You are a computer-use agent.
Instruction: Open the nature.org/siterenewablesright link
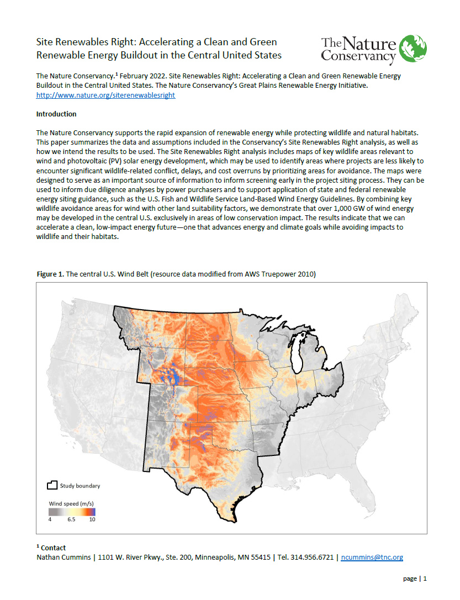pos(105,95)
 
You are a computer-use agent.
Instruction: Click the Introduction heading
pos(56,114)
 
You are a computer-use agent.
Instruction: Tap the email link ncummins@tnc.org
pos(373,557)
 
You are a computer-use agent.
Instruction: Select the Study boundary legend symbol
pos(52,485)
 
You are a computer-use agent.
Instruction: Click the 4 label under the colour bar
pos(50,519)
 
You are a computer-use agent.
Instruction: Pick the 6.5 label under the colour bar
pos(71,519)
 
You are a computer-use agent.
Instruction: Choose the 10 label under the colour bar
pos(92,519)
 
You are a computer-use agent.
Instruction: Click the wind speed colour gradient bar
pos(72,512)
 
